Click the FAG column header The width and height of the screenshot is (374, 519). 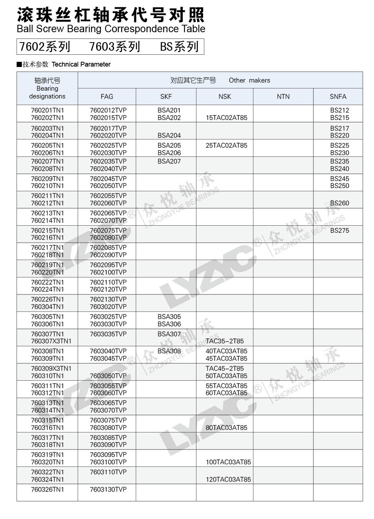107,97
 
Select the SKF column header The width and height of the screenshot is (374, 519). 166,97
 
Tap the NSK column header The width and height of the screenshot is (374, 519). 225,97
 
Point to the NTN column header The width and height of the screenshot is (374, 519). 283,97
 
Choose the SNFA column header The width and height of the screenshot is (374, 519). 338,97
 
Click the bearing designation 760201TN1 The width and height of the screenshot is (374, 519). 47,110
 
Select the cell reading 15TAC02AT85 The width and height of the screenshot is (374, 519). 226,118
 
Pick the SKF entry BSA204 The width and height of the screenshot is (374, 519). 169,135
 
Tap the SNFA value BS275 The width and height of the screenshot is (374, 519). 340,230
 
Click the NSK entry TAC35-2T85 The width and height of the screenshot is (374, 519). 225,341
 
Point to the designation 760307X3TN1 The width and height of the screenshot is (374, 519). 51,341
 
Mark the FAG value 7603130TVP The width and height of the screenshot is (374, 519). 108,489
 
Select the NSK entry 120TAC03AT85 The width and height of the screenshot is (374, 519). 228,479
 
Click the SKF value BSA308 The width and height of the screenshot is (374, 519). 169,351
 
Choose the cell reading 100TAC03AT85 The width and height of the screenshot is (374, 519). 228,462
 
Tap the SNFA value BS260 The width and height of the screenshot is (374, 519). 340,203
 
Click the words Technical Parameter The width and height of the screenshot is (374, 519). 81,64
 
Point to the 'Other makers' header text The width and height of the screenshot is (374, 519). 249,80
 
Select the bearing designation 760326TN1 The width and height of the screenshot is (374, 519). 47,489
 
